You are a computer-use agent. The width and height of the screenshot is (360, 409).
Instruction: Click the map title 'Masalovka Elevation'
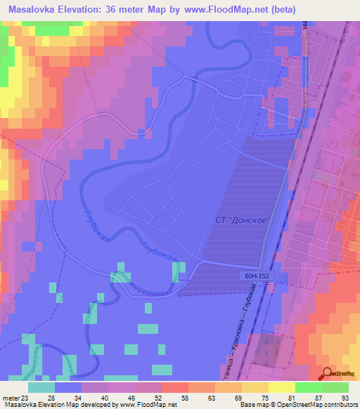pos(56,9)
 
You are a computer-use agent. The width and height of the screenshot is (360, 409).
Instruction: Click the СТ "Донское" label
pos(241,221)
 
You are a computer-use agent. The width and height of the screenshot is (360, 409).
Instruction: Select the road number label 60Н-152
pos(258,275)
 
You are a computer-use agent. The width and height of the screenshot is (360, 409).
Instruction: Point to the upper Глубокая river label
pos(97,227)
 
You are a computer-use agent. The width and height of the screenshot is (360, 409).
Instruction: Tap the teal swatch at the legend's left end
pos(41,387)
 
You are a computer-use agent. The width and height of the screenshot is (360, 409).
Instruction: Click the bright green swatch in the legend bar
pos(308,387)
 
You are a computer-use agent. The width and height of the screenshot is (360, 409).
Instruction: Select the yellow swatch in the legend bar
pos(257,387)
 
